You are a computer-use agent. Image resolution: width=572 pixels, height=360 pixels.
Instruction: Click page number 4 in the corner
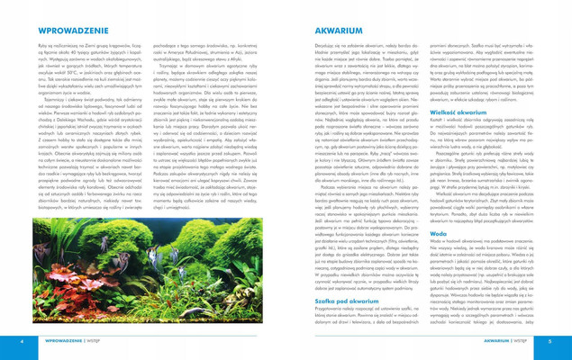pyautogui.click(x=21, y=341)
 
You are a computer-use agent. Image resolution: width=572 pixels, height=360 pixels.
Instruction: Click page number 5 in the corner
pyautogui.click(x=550, y=341)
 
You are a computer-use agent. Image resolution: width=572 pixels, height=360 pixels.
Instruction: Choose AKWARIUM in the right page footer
pyautogui.click(x=501, y=341)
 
